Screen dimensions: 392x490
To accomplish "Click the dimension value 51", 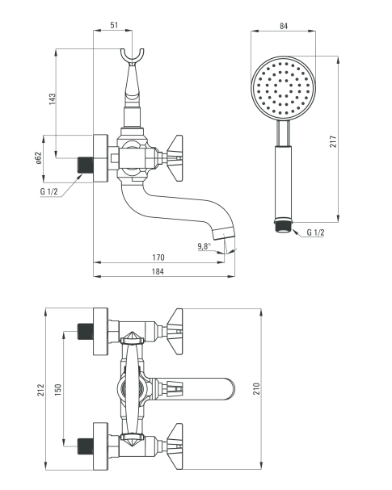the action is (114, 25).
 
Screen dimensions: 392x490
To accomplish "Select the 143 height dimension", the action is (53, 98).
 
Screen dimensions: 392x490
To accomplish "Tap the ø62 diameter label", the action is (38, 157).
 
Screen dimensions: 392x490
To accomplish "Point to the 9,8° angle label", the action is (204, 246).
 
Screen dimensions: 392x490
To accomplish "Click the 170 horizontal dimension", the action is (158, 258).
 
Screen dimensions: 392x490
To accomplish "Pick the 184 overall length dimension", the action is (158, 271).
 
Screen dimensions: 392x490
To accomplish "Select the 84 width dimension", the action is (284, 26).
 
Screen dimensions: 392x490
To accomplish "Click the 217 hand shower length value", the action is (334, 141).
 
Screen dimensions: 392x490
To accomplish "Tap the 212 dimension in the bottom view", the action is (41, 390).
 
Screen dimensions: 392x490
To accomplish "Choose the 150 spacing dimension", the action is (58, 390).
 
